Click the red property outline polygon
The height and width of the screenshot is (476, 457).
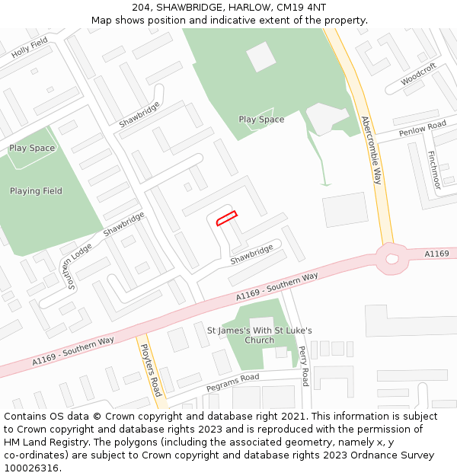click(x=226, y=219)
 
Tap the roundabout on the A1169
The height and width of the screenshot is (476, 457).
click(x=392, y=259)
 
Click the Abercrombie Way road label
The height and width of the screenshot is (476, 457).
click(x=371, y=150)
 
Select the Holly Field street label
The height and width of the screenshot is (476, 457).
click(x=30, y=48)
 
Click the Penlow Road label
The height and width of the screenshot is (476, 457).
click(x=422, y=128)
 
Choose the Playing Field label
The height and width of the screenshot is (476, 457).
click(x=36, y=191)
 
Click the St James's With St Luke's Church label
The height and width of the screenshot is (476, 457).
click(x=260, y=335)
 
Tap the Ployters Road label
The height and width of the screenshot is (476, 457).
click(x=152, y=369)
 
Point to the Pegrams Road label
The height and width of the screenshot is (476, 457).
click(x=232, y=382)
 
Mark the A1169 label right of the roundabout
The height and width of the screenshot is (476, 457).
click(x=436, y=253)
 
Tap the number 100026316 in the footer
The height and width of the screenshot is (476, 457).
click(x=32, y=468)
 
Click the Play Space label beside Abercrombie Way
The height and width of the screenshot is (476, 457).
click(x=261, y=120)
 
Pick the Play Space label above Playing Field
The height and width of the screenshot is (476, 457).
click(x=32, y=148)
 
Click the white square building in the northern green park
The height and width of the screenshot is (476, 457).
click(x=261, y=56)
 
